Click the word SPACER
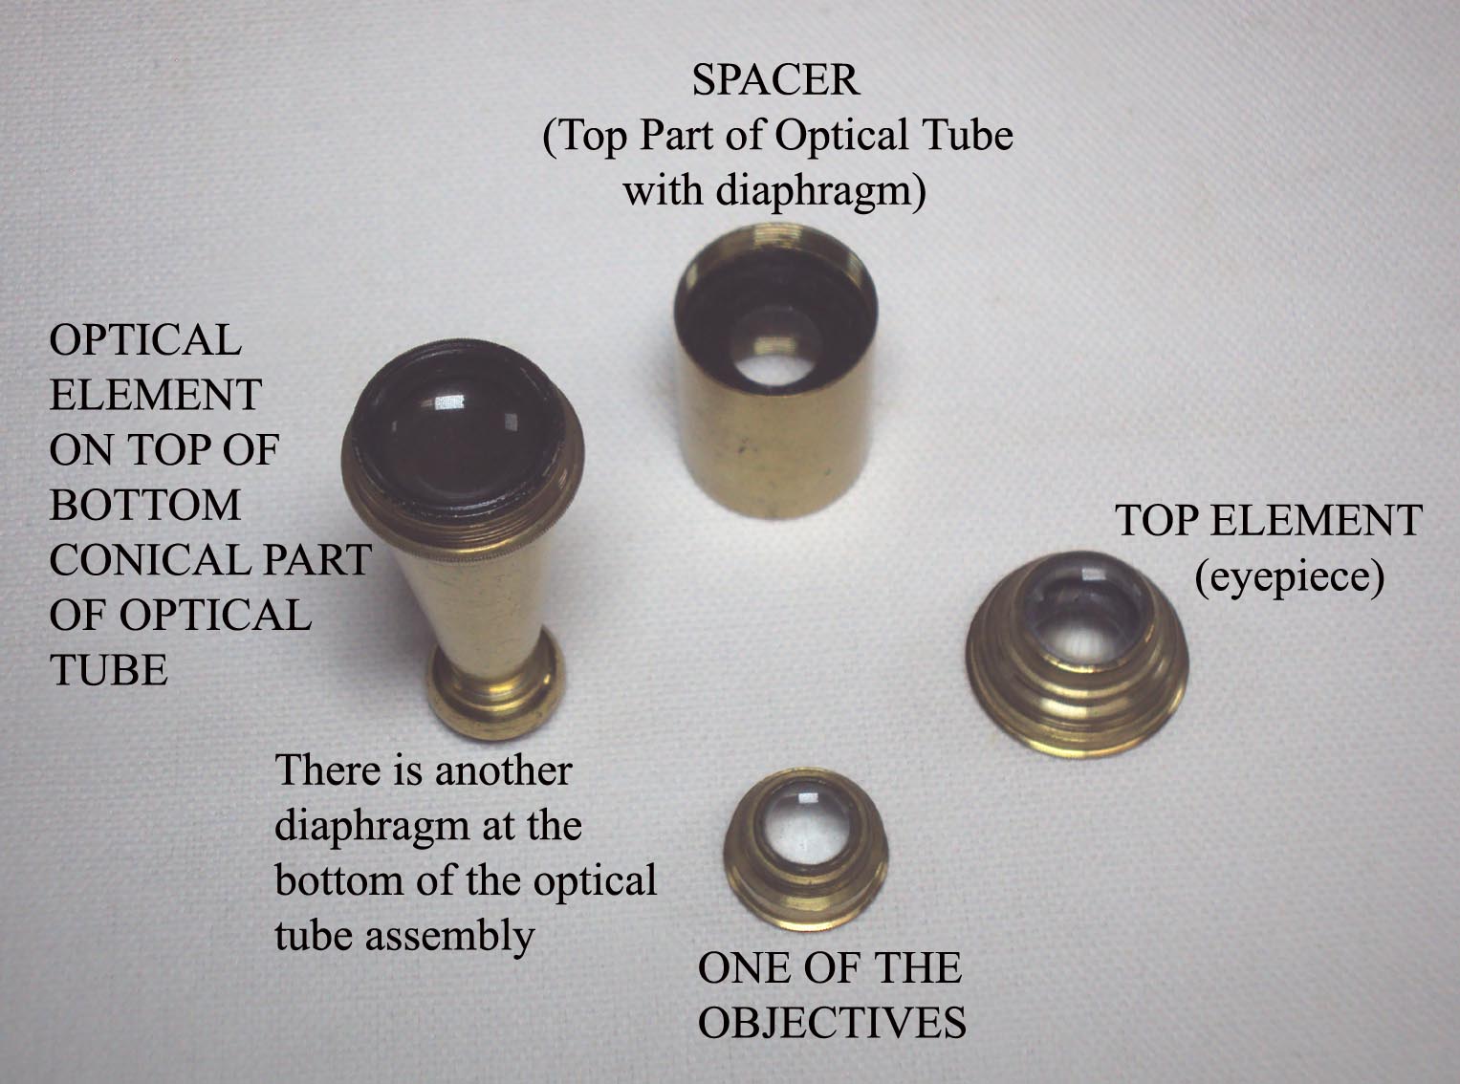tap(775, 80)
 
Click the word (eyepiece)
tap(1289, 576)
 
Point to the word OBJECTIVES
tap(832, 1023)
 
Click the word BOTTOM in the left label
tap(144, 505)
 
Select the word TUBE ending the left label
tap(108, 670)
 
